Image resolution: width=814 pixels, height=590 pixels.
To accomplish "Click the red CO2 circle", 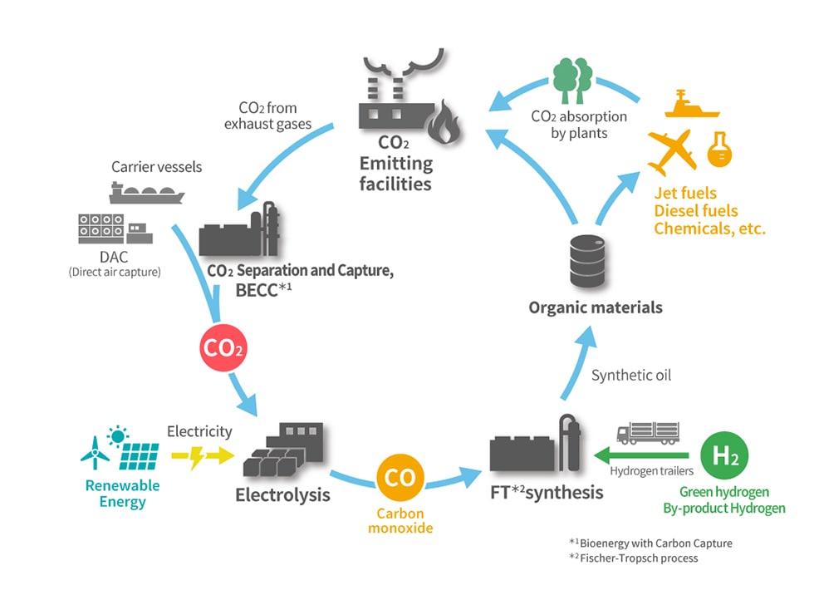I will click(x=223, y=347).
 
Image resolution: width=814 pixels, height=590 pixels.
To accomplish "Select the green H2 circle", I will click(x=724, y=456).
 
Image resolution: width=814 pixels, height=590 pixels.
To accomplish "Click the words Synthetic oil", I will click(x=631, y=376).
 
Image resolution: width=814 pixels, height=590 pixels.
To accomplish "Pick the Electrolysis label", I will click(x=282, y=495).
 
